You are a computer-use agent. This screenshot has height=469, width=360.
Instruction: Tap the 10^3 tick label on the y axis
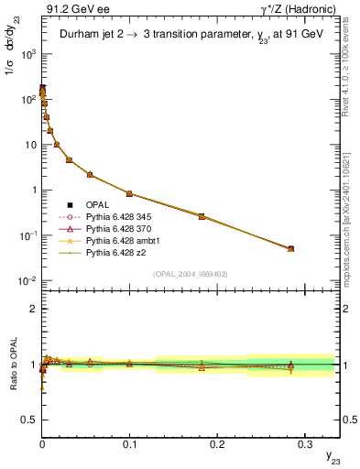click(x=27, y=54)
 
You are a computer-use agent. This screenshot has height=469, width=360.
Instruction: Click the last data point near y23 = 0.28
click(x=290, y=248)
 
